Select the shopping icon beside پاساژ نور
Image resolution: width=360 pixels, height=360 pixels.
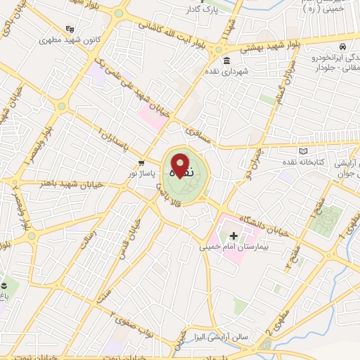click(141, 162)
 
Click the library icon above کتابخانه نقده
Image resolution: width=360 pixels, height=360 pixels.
click(303, 150)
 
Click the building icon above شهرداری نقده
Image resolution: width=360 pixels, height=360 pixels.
click(226, 60)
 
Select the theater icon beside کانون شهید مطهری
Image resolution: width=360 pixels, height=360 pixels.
click(69, 30)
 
